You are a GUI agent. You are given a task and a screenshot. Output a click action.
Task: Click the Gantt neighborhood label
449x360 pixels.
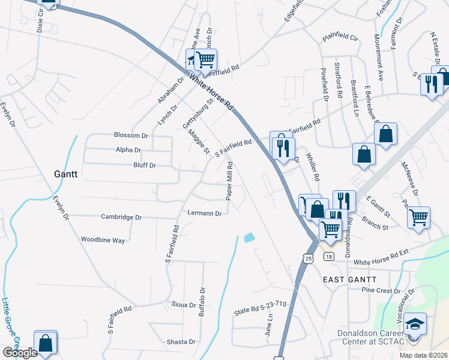[x=66, y=172]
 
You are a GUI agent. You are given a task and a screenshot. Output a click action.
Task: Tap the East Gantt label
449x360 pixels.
[x=349, y=280]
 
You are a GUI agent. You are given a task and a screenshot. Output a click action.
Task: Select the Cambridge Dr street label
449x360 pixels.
[x=121, y=217]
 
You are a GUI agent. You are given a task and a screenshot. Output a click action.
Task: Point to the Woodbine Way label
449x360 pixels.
[x=103, y=240]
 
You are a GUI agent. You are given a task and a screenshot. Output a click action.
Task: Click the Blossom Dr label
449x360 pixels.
[x=131, y=136]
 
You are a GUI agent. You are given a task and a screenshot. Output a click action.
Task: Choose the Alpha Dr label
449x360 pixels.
[x=129, y=150]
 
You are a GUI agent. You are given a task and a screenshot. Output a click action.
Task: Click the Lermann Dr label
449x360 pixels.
[x=205, y=213]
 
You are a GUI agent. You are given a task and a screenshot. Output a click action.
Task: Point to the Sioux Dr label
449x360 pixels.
[x=184, y=305]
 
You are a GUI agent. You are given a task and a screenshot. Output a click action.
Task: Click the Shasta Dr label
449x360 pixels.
[x=182, y=342]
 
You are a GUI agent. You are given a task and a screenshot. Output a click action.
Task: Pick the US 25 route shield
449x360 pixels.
[x=308, y=258]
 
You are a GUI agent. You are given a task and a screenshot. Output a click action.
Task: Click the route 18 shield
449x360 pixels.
[x=328, y=257]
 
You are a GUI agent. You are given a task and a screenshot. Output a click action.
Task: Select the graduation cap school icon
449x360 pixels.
[x=414, y=325]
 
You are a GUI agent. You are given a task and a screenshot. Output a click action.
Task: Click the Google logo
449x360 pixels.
[x=20, y=353]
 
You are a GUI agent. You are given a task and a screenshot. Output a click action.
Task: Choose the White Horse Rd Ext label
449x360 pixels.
[x=384, y=262]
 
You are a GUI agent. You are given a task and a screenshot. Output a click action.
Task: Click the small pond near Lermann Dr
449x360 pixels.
[x=249, y=238]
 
